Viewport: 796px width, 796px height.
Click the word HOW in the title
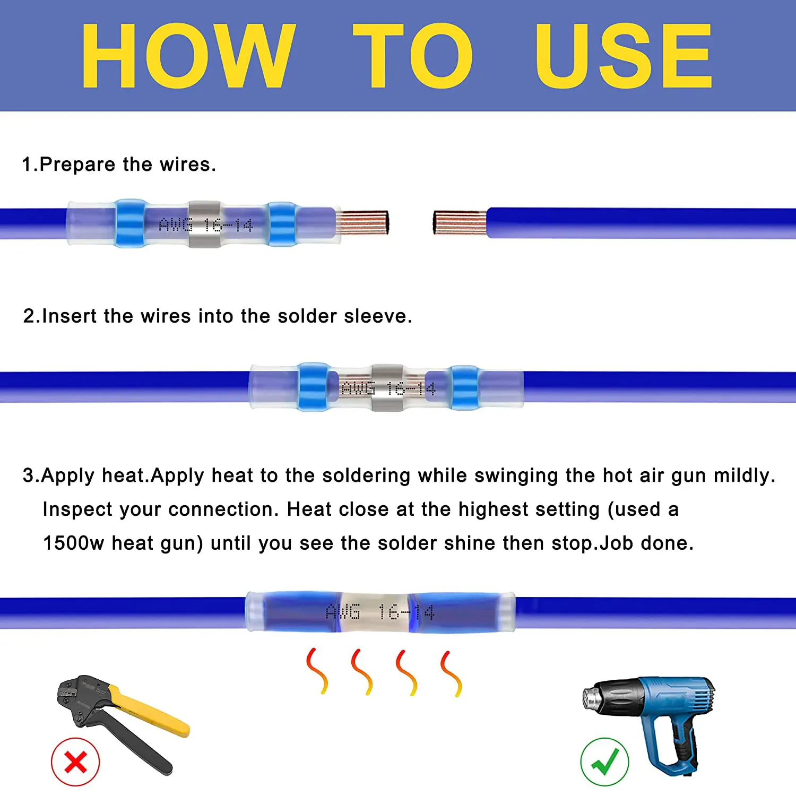188,56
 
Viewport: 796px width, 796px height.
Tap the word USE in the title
624,56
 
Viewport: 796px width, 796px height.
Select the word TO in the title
412,56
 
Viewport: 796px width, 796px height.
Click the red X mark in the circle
75,763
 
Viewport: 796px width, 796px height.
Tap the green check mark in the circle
605,761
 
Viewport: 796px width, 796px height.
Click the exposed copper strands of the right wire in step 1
460,222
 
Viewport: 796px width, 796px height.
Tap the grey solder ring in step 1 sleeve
205,224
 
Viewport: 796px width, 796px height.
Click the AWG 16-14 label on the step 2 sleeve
388,389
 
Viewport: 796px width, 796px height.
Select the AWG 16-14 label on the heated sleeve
380,612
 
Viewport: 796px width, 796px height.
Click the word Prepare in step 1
77,165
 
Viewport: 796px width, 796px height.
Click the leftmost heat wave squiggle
317,671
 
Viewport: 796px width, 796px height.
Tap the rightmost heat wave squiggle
451,673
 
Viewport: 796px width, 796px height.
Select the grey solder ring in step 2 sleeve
387,388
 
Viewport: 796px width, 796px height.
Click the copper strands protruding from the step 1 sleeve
362,222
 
